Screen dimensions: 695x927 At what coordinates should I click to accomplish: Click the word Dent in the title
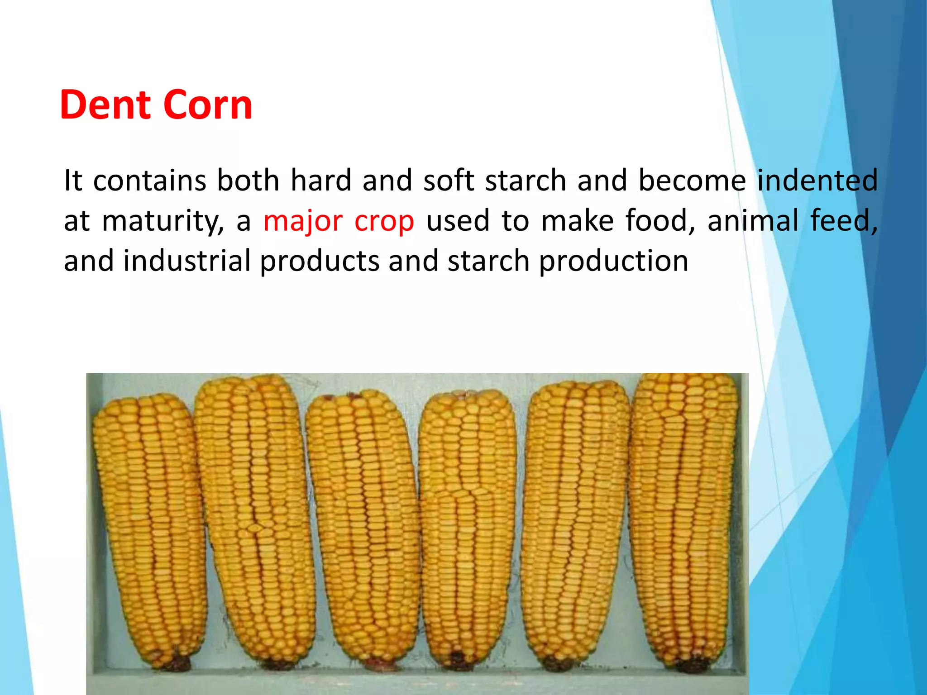point(105,105)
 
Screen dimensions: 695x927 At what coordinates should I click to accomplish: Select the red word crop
point(384,222)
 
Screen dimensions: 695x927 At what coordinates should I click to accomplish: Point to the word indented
point(817,180)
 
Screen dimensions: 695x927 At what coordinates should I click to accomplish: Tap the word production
point(613,262)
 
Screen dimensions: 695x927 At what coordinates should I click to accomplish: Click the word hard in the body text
point(320,180)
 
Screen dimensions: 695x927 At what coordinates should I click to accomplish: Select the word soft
point(449,180)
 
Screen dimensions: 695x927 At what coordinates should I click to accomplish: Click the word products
point(319,262)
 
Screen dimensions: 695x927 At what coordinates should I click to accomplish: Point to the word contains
point(150,181)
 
